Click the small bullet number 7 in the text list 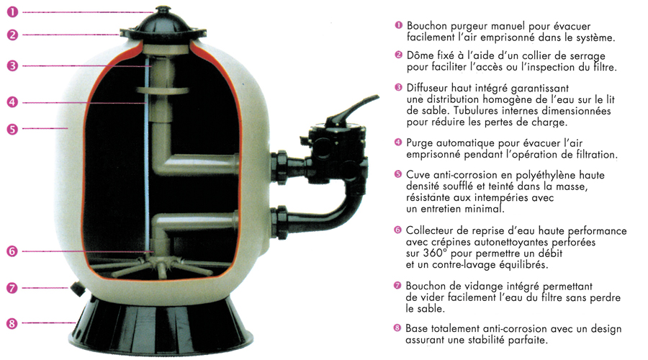point(397,286)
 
